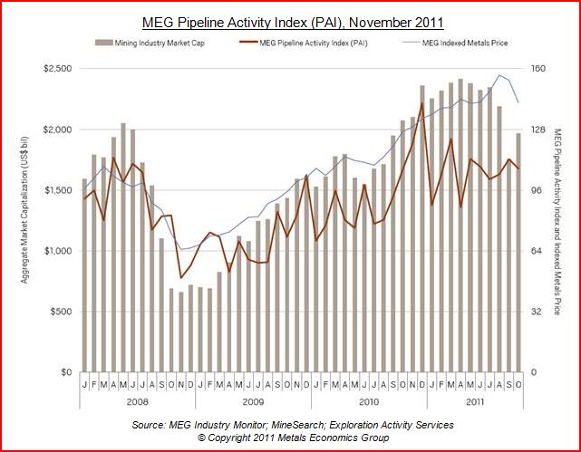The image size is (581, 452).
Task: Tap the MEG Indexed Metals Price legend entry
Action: pyautogui.click(x=458, y=42)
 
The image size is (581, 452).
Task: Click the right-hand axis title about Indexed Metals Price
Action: pyautogui.click(x=559, y=221)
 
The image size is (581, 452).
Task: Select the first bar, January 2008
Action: pyautogui.click(x=84, y=275)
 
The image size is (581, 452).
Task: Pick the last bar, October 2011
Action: pyautogui.click(x=518, y=253)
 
